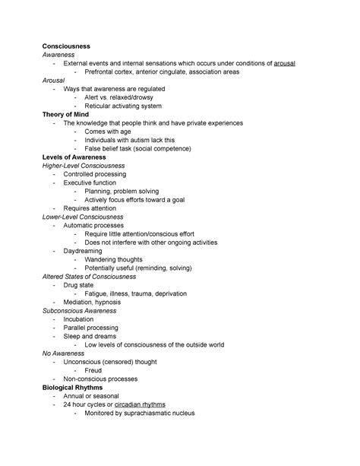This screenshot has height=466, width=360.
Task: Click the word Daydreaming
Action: click(86, 251)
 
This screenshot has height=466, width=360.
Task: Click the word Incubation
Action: click(81, 319)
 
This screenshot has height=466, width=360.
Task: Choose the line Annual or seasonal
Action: click(92, 396)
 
